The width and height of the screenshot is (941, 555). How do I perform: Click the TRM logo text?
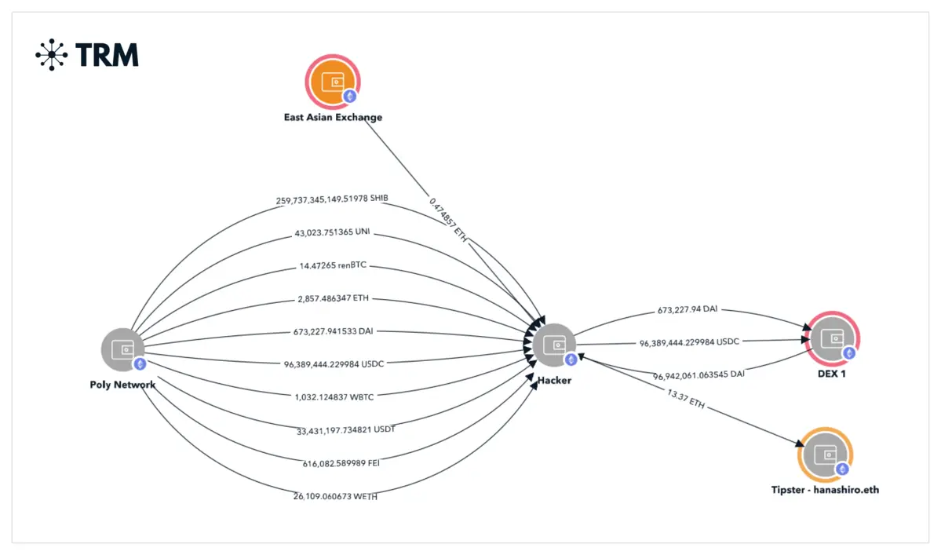(x=107, y=54)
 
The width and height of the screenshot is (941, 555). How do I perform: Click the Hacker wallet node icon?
(x=554, y=345)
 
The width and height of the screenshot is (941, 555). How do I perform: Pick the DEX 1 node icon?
(x=831, y=339)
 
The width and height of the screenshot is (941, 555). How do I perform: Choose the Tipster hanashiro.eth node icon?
(x=825, y=455)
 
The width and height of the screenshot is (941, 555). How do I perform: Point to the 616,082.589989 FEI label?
(x=330, y=462)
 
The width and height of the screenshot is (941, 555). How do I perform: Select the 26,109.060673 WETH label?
(x=330, y=495)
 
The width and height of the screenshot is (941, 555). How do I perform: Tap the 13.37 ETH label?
(x=687, y=400)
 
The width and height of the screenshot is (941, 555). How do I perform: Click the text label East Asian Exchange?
(x=333, y=118)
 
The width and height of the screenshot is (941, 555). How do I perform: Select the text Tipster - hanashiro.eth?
(x=825, y=490)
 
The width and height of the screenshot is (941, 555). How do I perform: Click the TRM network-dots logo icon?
(x=52, y=54)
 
